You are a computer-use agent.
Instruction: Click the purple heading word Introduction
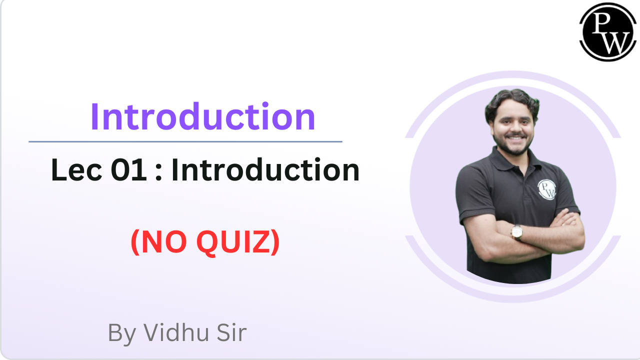tap(202, 117)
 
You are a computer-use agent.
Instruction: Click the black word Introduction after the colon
tap(265, 171)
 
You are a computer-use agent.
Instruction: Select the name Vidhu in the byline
tap(176, 332)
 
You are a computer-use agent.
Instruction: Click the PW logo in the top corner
tap(607, 32)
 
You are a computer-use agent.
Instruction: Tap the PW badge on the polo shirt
tap(547, 189)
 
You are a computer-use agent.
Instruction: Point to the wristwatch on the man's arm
tap(516, 231)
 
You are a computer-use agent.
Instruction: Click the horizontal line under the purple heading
tap(185, 141)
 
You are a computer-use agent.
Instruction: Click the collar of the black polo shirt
tap(510, 160)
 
